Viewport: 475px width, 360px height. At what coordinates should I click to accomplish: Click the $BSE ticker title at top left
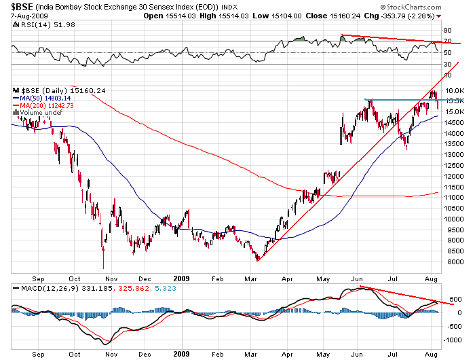coord(20,7)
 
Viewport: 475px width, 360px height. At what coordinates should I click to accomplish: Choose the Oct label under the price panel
coord(75,278)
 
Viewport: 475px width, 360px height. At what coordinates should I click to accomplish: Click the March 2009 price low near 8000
coord(257,259)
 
